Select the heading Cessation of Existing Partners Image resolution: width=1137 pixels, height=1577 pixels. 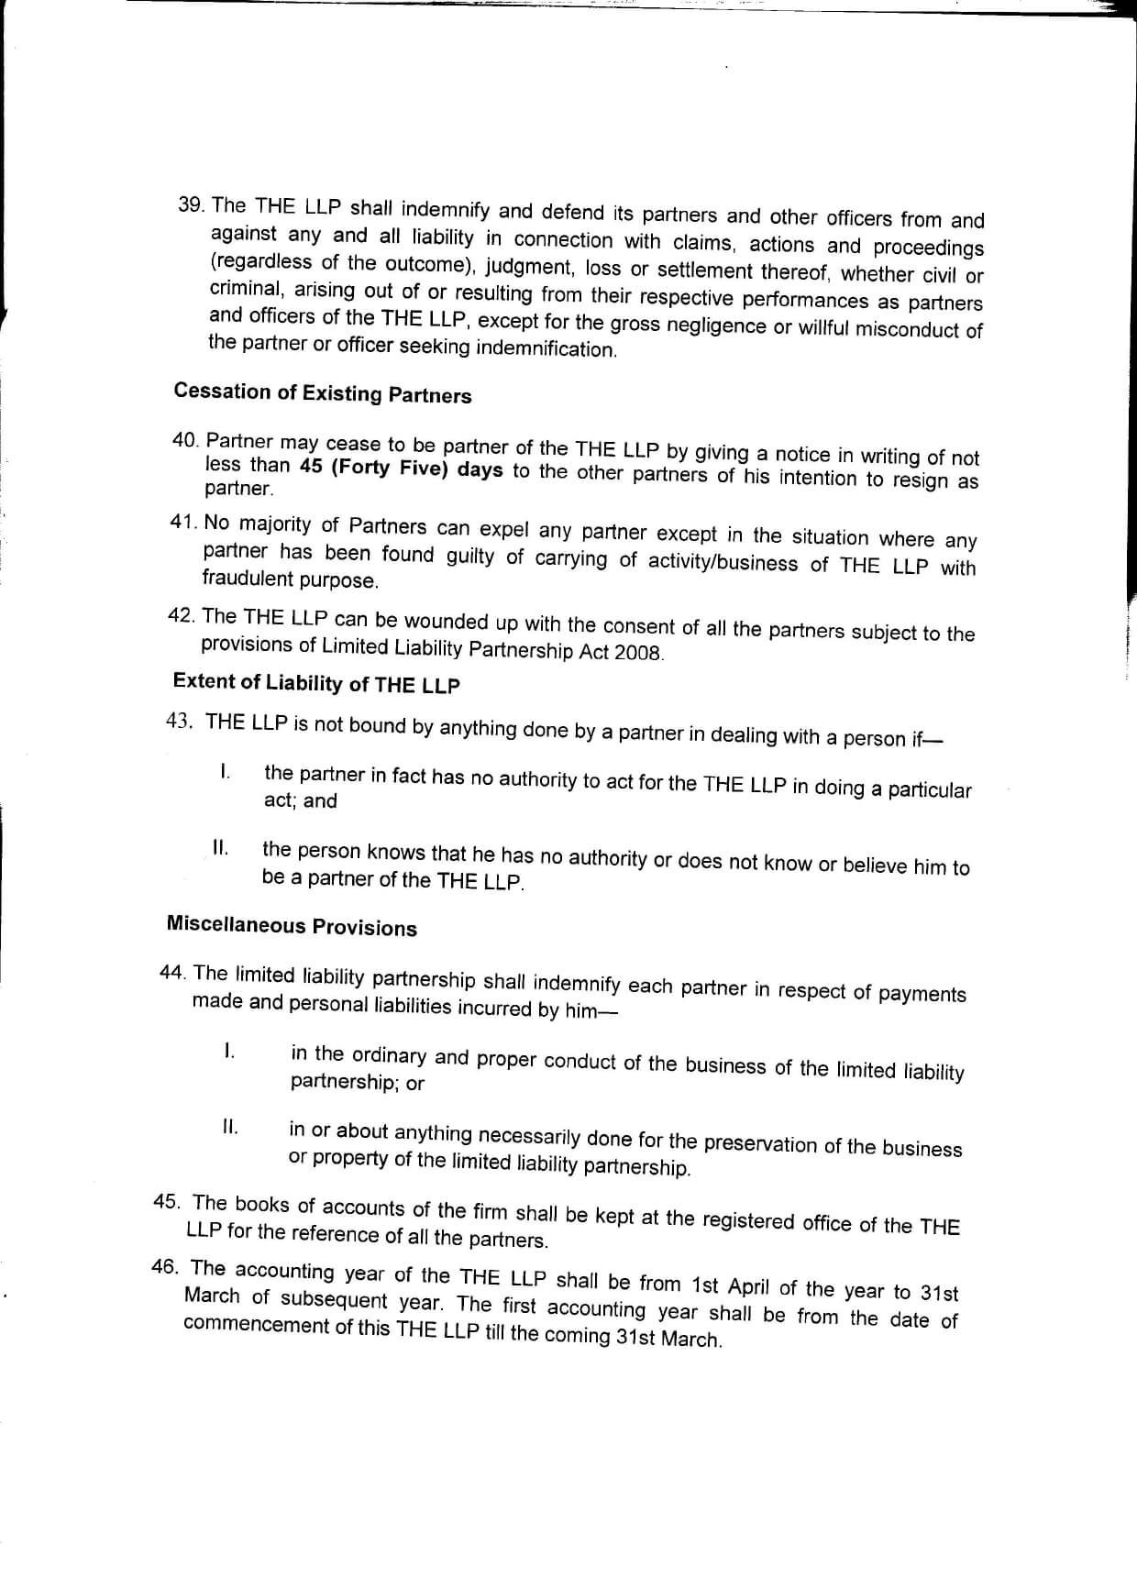(x=323, y=393)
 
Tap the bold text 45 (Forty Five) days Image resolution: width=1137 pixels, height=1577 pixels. (x=401, y=468)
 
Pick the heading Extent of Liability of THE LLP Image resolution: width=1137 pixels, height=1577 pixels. (x=316, y=683)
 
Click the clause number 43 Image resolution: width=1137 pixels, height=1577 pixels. (x=179, y=721)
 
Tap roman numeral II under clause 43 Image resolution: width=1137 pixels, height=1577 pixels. (x=220, y=848)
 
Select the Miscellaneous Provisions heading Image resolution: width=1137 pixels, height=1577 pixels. (x=292, y=926)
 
